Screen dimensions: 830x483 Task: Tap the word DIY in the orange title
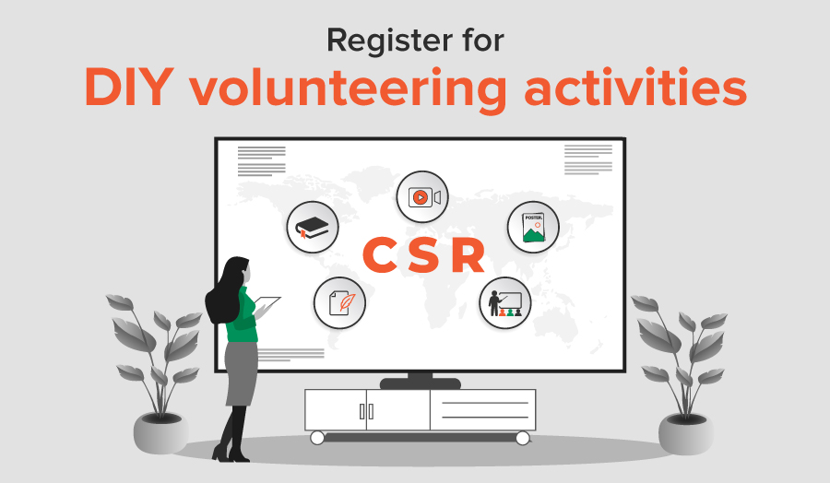(129, 88)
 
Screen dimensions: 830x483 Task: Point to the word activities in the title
(635, 87)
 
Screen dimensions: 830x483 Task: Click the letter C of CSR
(380, 255)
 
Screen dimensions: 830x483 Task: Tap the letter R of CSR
(468, 255)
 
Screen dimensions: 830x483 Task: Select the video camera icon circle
(422, 197)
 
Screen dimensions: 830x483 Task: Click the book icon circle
(313, 228)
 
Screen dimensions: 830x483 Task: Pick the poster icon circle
(533, 228)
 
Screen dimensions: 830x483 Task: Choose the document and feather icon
(339, 303)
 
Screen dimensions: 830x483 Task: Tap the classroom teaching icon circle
(505, 303)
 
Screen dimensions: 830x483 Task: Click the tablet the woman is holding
(267, 306)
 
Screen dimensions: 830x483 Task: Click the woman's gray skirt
(242, 373)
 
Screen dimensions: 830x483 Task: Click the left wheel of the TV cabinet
(317, 438)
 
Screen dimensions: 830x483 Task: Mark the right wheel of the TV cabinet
(523, 438)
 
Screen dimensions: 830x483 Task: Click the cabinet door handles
(366, 411)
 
